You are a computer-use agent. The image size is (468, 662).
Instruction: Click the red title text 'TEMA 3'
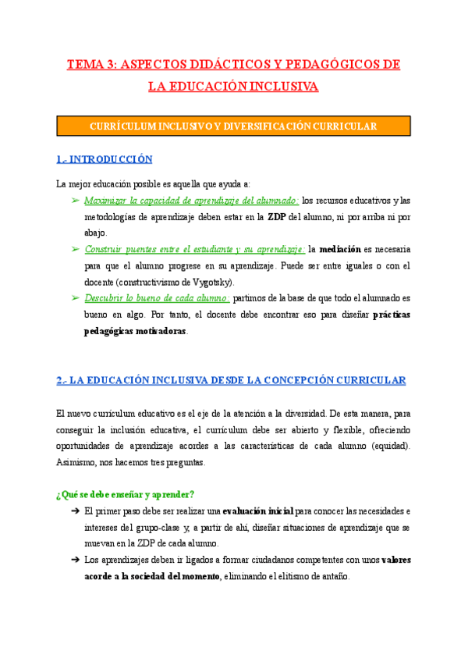[x=89, y=65]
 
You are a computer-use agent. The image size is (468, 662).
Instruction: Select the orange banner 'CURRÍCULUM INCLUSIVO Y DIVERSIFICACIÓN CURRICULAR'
[x=234, y=126]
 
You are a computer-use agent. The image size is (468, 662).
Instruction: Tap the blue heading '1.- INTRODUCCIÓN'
[x=105, y=159]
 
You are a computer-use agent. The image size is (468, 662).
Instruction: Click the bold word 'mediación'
[x=340, y=249]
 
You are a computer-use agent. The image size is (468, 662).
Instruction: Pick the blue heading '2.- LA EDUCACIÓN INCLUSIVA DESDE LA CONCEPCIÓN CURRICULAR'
[x=231, y=380]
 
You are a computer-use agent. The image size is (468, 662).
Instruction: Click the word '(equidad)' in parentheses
[x=389, y=446]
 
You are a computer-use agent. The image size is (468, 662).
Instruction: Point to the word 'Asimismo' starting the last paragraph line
[x=76, y=462]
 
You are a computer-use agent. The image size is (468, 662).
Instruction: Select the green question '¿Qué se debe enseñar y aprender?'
[x=126, y=494]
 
